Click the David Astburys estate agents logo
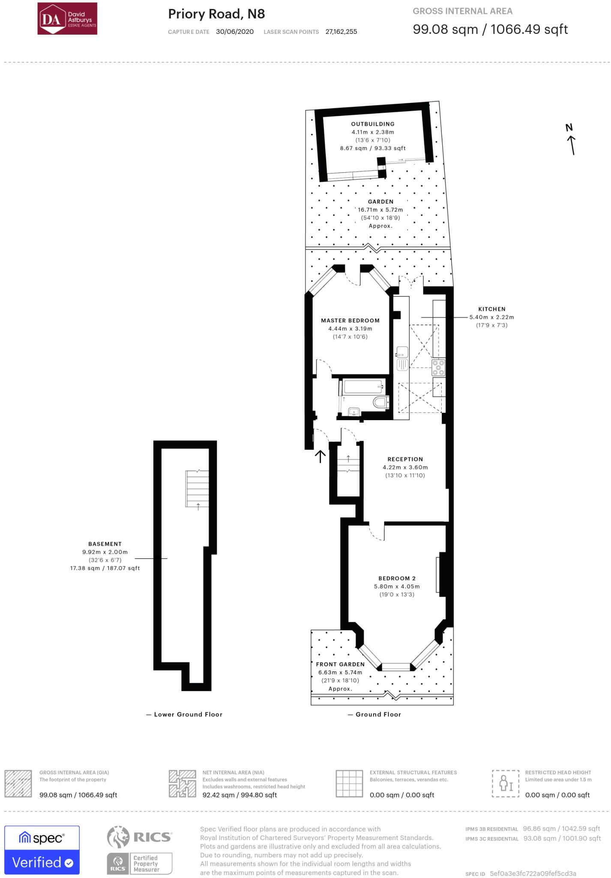[x=67, y=18]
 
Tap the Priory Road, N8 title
[x=216, y=14]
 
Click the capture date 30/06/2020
[x=235, y=32]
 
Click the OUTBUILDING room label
[x=373, y=124]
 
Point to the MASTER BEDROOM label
[x=350, y=320]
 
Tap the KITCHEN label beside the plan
[x=492, y=309]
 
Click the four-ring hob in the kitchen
[x=439, y=367]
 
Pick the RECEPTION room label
[x=405, y=459]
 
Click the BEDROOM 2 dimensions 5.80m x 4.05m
[x=397, y=586]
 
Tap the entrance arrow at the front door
[x=320, y=456]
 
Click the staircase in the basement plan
[x=197, y=489]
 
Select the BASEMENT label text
[x=105, y=544]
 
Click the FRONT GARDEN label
[x=340, y=664]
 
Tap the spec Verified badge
[x=42, y=850]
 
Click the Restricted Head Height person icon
[x=506, y=783]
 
